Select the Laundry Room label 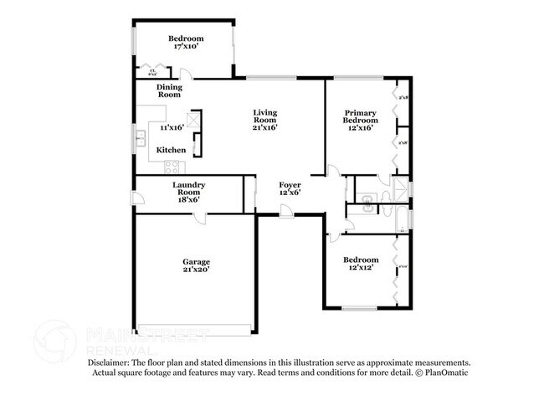pyautogui.click(x=189, y=188)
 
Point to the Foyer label pyautogui.click(x=290, y=184)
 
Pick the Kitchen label pyautogui.click(x=172, y=150)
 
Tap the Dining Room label pyautogui.click(x=170, y=90)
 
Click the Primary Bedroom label pyautogui.click(x=361, y=116)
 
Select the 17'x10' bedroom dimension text pyautogui.click(x=186, y=47)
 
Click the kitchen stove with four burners pyautogui.click(x=175, y=162)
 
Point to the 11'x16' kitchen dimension pyautogui.click(x=172, y=128)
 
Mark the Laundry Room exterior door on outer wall pyautogui.click(x=136, y=199)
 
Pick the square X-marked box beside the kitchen pyautogui.click(x=194, y=119)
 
